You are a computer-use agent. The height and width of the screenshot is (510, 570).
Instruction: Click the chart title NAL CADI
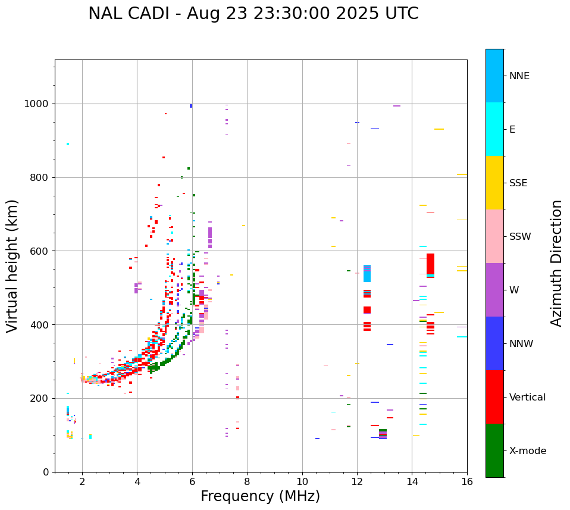click(253, 14)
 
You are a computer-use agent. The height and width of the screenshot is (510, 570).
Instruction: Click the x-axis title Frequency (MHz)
click(260, 496)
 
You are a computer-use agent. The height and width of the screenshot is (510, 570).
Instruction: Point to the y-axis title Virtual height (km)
click(12, 265)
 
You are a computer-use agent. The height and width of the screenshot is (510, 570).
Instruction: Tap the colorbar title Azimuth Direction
click(556, 262)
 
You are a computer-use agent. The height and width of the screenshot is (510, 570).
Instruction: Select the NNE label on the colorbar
click(519, 76)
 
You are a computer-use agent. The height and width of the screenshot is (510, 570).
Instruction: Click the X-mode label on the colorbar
click(527, 451)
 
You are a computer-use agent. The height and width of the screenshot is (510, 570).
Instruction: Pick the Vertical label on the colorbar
click(527, 398)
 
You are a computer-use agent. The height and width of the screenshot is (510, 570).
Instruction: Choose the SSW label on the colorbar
click(520, 237)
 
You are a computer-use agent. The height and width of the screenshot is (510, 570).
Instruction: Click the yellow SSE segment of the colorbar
click(494, 183)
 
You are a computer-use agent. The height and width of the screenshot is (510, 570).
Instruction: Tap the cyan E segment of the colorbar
click(494, 129)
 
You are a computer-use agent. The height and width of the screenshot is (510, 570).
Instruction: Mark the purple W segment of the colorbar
click(494, 290)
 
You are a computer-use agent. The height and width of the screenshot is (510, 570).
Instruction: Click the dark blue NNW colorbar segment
click(494, 343)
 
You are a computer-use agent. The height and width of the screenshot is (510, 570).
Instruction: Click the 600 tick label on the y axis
click(40, 251)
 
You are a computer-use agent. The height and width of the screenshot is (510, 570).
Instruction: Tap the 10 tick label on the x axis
click(302, 481)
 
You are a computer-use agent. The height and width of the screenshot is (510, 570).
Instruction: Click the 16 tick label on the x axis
click(467, 481)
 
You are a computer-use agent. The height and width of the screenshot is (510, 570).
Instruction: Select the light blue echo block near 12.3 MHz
click(367, 274)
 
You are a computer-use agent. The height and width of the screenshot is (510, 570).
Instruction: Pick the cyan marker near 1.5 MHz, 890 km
click(68, 144)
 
